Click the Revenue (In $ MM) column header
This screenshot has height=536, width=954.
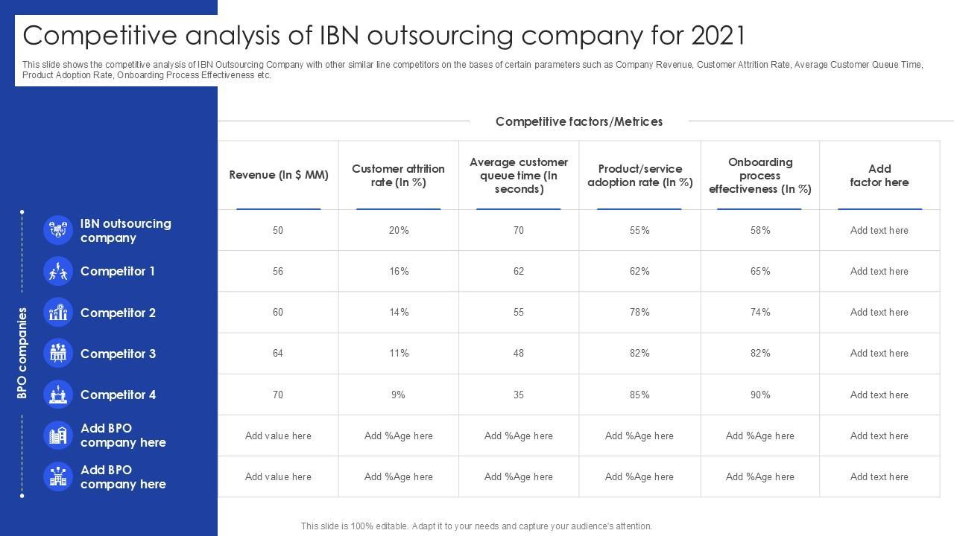pyautogui.click(x=279, y=175)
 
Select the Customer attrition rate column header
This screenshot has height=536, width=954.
pyautogui.click(x=399, y=175)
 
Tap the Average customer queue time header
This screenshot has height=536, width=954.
pyautogui.click(x=519, y=175)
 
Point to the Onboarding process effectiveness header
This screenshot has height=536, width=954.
pyautogui.click(x=760, y=175)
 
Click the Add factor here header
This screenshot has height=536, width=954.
pyautogui.click(x=879, y=175)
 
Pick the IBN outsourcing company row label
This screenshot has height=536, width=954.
pyautogui.click(x=125, y=231)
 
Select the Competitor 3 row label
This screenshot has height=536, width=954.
pyautogui.click(x=118, y=354)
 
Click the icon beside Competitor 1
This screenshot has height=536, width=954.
pyautogui.click(x=57, y=272)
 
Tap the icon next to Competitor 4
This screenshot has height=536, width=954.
pyautogui.click(x=57, y=395)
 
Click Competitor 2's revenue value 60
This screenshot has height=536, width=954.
pyautogui.click(x=278, y=313)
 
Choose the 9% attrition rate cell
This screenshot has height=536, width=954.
pyautogui.click(x=399, y=395)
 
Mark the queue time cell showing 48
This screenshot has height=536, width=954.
pyautogui.click(x=519, y=354)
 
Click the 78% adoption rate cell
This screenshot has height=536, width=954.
pyautogui.click(x=639, y=313)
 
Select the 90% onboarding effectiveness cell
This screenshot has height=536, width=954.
pyautogui.click(x=760, y=395)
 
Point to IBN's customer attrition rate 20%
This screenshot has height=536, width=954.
pyautogui.click(x=399, y=231)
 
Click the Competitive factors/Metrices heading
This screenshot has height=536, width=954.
pyautogui.click(x=579, y=121)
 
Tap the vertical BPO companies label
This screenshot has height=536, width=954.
pyautogui.click(x=22, y=353)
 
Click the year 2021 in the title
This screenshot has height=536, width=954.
pyautogui.click(x=718, y=35)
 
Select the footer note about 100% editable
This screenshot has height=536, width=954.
pyautogui.click(x=476, y=526)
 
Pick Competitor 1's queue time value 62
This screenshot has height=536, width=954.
pyautogui.click(x=519, y=272)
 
